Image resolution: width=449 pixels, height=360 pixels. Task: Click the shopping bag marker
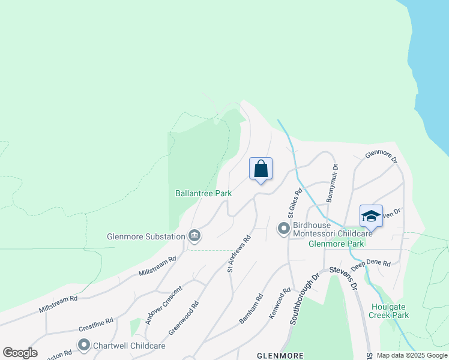(261, 169)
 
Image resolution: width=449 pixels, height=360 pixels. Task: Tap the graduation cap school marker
(371, 216)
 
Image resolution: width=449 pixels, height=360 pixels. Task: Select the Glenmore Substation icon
(194, 236)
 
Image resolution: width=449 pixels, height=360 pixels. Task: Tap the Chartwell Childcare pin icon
(84, 345)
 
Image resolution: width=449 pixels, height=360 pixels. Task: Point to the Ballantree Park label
(203, 194)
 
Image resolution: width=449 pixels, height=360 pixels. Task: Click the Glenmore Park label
(336, 244)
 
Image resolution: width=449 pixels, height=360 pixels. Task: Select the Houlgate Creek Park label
(388, 310)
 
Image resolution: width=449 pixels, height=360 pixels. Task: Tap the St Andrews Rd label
(239, 254)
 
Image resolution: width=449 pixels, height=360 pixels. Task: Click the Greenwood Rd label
(184, 318)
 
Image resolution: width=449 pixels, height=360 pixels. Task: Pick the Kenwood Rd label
(280, 302)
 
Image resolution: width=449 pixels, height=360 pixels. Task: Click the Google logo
(20, 353)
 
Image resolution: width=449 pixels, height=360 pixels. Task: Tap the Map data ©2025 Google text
(411, 355)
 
